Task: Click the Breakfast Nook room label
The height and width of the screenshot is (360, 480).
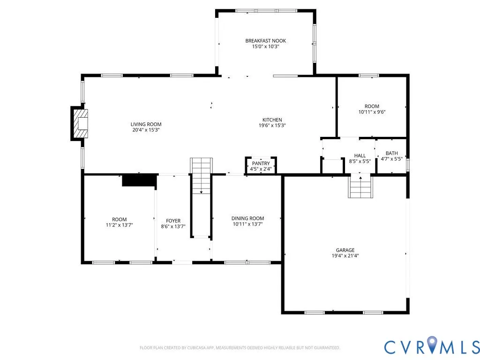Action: point(265,41)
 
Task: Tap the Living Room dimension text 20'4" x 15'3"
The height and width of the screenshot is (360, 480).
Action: point(146,130)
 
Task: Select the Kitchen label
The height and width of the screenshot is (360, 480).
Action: point(272,120)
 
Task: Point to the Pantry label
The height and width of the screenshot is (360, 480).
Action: point(261,164)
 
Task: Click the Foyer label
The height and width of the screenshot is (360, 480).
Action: point(173,221)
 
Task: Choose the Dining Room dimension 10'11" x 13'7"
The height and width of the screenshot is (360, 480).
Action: point(247,224)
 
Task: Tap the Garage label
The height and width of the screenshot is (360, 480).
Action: point(345,250)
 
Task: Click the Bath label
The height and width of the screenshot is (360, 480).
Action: point(392,153)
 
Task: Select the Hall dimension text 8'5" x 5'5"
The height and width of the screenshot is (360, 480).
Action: point(360,161)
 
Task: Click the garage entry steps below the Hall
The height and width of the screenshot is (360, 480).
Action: point(360,187)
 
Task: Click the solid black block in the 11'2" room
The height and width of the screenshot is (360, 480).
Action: point(140,180)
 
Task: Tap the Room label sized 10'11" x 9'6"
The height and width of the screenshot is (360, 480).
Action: point(372,106)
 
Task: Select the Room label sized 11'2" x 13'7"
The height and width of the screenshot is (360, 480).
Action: point(120,219)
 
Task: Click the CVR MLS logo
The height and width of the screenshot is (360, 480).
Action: point(432,346)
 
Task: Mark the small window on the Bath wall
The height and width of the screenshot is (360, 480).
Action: point(408,165)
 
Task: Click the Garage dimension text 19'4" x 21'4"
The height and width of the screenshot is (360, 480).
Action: point(345,256)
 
